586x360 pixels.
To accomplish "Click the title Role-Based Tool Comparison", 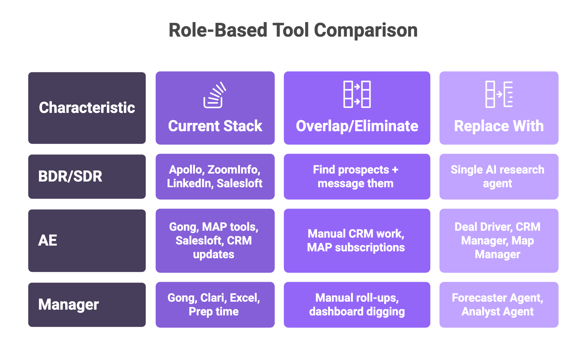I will pos(293,31).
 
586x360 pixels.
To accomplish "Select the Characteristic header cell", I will pos(87,108).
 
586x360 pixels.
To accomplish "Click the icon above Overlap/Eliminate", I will pos(357,94).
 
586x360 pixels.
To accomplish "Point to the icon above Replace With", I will pos(499,94).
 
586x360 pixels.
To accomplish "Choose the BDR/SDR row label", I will pos(87,177).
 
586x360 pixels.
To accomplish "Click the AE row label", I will pos(87,241).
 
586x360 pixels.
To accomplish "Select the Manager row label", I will pos(87,305).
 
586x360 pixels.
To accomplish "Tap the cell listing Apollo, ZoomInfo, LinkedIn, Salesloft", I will pos(215,177).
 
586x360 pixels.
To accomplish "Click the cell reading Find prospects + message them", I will pos(357,177).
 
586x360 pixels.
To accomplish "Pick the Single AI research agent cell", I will pos(499,177).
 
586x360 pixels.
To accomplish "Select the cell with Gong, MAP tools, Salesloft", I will pos(215,241).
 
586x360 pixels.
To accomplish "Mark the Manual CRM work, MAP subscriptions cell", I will pos(357,241).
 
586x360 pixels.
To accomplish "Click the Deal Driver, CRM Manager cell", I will pos(499,241).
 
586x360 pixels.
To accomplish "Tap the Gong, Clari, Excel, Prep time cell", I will pos(215,305).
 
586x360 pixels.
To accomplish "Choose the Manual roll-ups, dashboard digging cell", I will pos(357,305).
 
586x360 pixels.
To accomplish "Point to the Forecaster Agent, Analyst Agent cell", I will pos(499,305).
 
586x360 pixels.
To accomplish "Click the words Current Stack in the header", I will pos(215,126).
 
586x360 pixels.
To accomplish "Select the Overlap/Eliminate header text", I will pos(357,126).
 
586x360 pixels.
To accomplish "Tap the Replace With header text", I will pos(499,126).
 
